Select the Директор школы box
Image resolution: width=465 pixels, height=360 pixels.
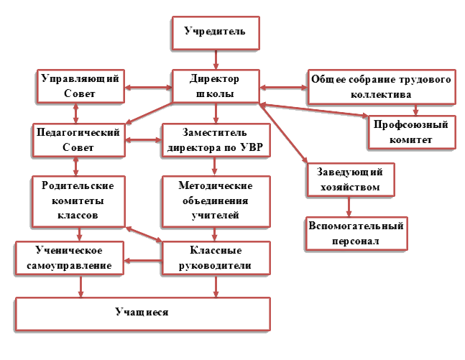coord(214,86)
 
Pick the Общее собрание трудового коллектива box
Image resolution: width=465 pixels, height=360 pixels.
coord(380,86)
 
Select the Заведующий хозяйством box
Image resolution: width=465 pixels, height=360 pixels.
coord(350,180)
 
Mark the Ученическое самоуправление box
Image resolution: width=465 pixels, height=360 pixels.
coord(69,258)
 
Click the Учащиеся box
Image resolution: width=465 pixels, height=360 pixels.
coord(142,313)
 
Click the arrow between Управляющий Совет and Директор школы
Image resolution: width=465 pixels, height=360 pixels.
coord(148,88)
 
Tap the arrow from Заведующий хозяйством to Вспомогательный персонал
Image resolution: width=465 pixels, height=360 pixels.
coord(349,207)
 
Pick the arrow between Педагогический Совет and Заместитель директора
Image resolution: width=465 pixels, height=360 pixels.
coord(144,139)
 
